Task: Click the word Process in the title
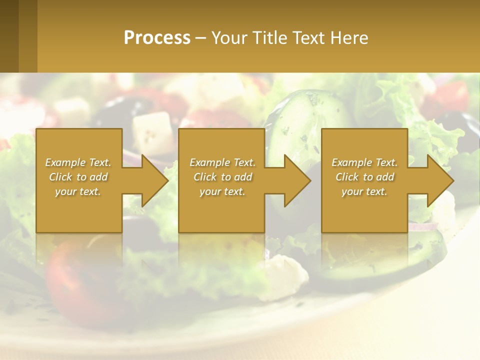tap(157, 38)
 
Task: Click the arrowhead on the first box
tap(152, 180)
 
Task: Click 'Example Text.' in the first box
tap(78, 162)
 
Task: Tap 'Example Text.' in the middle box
tap(222, 162)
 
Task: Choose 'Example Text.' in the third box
tap(364, 162)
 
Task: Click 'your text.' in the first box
tap(78, 191)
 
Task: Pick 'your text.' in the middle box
tap(222, 191)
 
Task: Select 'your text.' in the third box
tap(364, 191)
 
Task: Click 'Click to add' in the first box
tap(78, 177)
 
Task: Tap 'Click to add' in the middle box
tap(222, 177)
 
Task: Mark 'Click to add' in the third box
tap(364, 177)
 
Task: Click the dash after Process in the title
tap(200, 38)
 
